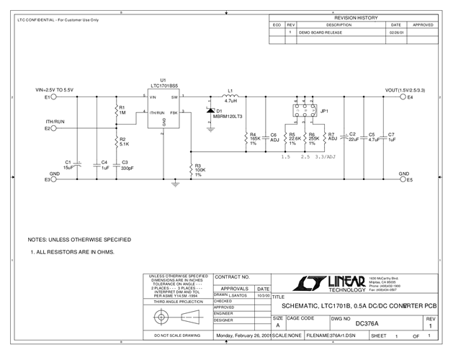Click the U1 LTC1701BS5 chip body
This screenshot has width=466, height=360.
pos(163,109)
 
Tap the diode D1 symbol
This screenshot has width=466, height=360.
pos(210,112)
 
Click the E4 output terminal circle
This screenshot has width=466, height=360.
pos(402,96)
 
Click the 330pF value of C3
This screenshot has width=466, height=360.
pos(127,168)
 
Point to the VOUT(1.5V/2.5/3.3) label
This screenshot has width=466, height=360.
pos(405,89)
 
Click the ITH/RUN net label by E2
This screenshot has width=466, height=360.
pos(55,122)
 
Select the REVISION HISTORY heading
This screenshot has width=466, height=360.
pos(356,17)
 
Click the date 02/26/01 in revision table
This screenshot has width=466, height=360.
pos(397,32)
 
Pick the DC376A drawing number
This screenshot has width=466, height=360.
pos(367,324)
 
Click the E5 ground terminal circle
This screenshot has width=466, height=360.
pos(402,180)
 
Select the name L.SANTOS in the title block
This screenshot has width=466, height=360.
pos(238,295)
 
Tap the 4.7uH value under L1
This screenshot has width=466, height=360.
pos(230,102)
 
